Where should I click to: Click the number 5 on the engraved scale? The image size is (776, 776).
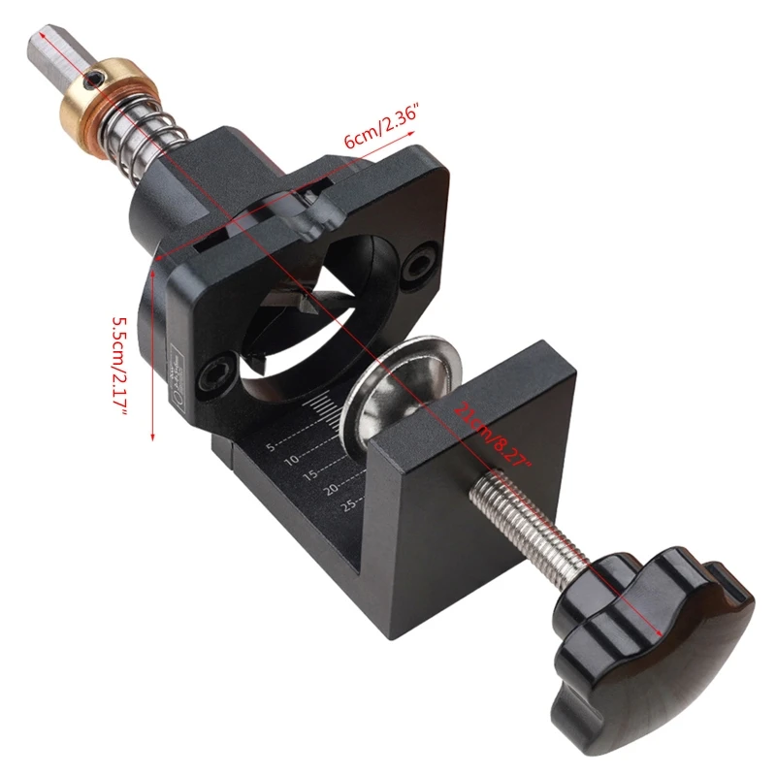tap(272, 447)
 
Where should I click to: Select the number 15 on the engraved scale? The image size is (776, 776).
tap(309, 475)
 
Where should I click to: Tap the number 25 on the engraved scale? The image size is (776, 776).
tap(351, 503)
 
